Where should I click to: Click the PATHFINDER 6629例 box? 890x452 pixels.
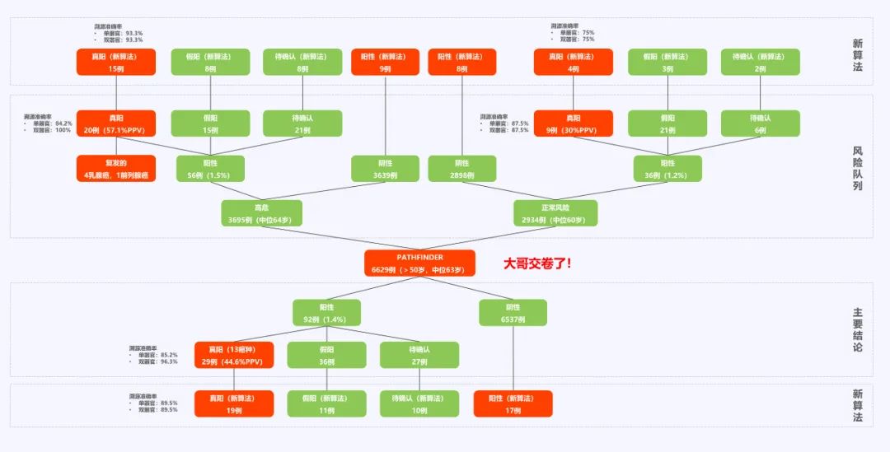[419, 263]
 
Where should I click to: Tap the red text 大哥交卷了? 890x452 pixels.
[537, 263]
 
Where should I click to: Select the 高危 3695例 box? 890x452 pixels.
[261, 213]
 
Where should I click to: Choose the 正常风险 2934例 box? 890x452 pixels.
[555, 213]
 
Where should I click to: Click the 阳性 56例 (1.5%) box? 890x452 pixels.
[210, 169]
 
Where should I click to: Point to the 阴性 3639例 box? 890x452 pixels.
[385, 169]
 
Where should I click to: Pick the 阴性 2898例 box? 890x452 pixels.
[461, 169]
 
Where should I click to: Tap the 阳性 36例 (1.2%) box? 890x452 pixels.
[667, 169]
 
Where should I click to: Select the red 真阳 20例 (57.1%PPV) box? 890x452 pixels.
[116, 123]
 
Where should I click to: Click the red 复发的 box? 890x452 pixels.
[116, 169]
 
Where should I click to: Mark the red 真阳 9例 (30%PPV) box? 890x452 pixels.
[574, 123]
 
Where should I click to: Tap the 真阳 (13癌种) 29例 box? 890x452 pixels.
[233, 356]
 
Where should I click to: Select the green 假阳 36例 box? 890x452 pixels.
[326, 356]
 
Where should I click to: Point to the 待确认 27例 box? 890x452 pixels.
[419, 356]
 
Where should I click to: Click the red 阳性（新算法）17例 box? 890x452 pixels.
[513, 403]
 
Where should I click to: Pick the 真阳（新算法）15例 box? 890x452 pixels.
[116, 62]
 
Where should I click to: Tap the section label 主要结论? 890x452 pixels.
[858, 329]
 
